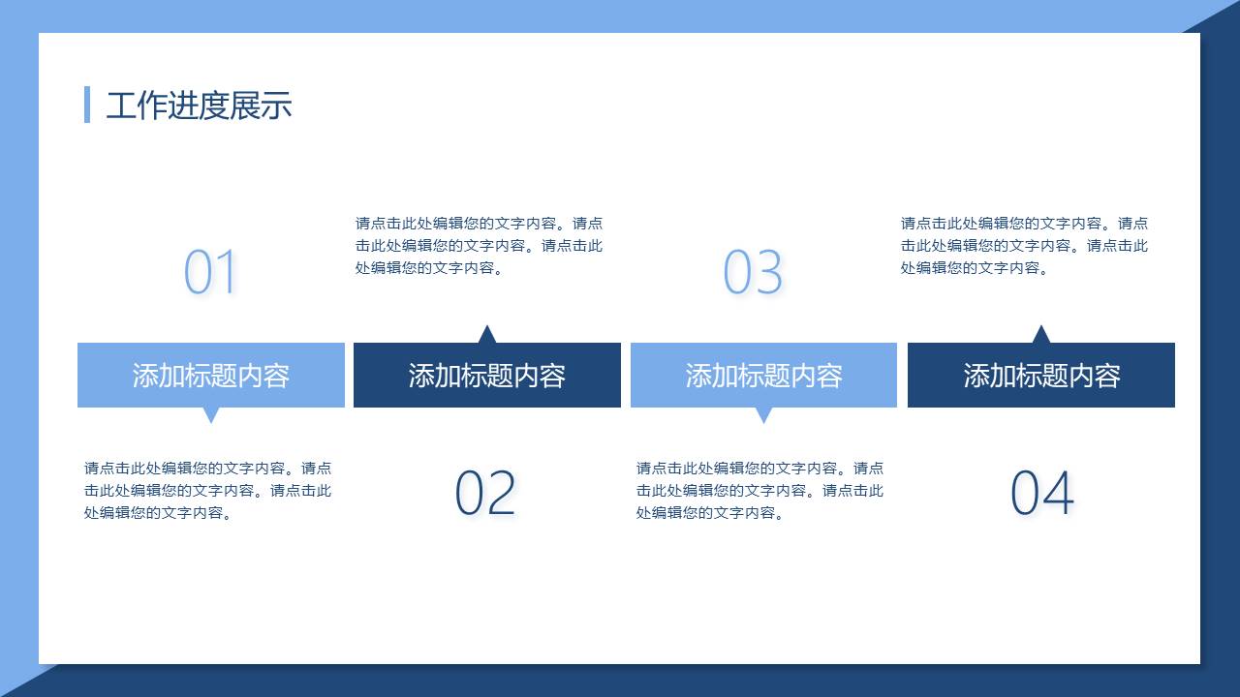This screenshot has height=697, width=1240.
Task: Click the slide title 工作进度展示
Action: (199, 106)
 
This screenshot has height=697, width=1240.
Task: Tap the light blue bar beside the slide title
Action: (87, 105)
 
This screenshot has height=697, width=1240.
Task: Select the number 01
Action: (210, 272)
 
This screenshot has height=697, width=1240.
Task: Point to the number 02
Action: (485, 493)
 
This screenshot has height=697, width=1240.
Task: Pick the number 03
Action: (753, 272)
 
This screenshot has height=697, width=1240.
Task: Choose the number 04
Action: (1042, 493)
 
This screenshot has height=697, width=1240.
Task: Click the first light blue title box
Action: (211, 375)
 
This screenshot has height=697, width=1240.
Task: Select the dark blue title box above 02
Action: (487, 375)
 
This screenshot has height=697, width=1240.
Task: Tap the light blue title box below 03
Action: (764, 375)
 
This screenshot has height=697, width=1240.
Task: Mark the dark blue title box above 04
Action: (1041, 375)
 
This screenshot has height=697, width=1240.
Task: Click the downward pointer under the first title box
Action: (211, 414)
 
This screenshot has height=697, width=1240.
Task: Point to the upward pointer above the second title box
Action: (487, 335)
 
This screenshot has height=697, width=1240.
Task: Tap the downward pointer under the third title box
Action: (764, 414)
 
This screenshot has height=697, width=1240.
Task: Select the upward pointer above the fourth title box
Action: (1041, 335)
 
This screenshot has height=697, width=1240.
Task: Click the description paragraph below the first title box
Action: (207, 491)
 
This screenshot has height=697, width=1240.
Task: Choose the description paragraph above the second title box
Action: (479, 246)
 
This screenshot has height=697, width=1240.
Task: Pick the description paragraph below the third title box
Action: (759, 491)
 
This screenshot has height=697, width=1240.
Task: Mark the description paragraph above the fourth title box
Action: (1024, 246)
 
